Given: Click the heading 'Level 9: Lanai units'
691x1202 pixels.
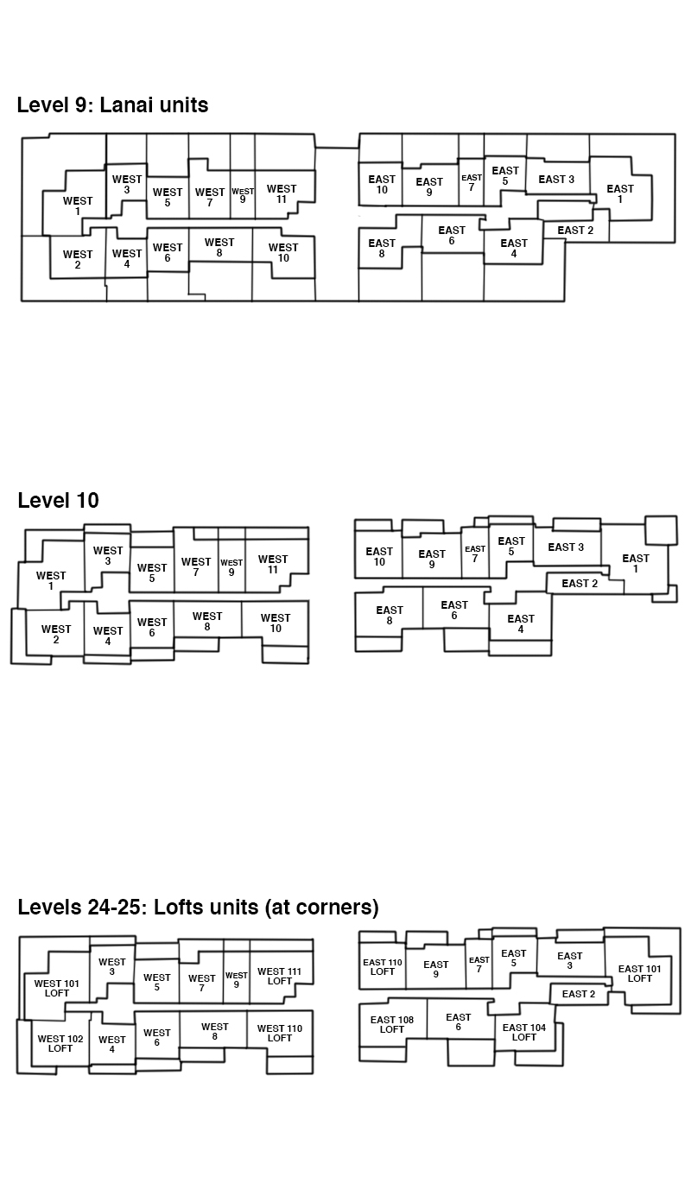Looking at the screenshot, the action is tap(113, 104).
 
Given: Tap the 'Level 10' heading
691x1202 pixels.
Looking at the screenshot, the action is tap(59, 500).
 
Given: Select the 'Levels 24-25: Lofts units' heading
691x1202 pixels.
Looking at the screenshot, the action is tap(198, 907).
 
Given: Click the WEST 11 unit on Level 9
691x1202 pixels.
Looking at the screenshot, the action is tap(282, 193).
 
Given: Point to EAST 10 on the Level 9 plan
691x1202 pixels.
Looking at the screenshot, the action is tap(382, 184).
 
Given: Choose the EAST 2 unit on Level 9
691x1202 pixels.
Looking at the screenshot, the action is tap(575, 231).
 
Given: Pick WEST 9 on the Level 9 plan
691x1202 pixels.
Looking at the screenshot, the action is tap(243, 195).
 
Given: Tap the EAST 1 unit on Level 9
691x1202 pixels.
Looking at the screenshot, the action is tap(620, 193).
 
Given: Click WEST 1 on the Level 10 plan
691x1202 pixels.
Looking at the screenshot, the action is tap(51, 580).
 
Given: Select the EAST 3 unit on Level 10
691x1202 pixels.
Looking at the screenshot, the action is tap(566, 547).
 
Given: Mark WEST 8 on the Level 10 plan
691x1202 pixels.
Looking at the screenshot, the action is tap(207, 621).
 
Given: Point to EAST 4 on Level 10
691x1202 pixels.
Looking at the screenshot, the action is tap(521, 623).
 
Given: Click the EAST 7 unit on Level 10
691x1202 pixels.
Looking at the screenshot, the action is tap(475, 554).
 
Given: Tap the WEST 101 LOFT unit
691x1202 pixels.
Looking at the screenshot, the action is tap(56, 989).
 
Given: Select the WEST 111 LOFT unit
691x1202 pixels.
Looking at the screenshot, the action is tap(279, 976).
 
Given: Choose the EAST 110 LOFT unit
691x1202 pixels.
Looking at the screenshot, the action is tap(383, 967).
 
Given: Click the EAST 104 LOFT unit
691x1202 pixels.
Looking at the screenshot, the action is tap(524, 1033).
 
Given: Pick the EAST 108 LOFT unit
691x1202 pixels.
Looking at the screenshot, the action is tap(392, 1024).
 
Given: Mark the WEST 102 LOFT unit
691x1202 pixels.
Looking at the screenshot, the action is tap(60, 1044).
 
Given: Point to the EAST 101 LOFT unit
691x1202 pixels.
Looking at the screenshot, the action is tap(639, 973).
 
